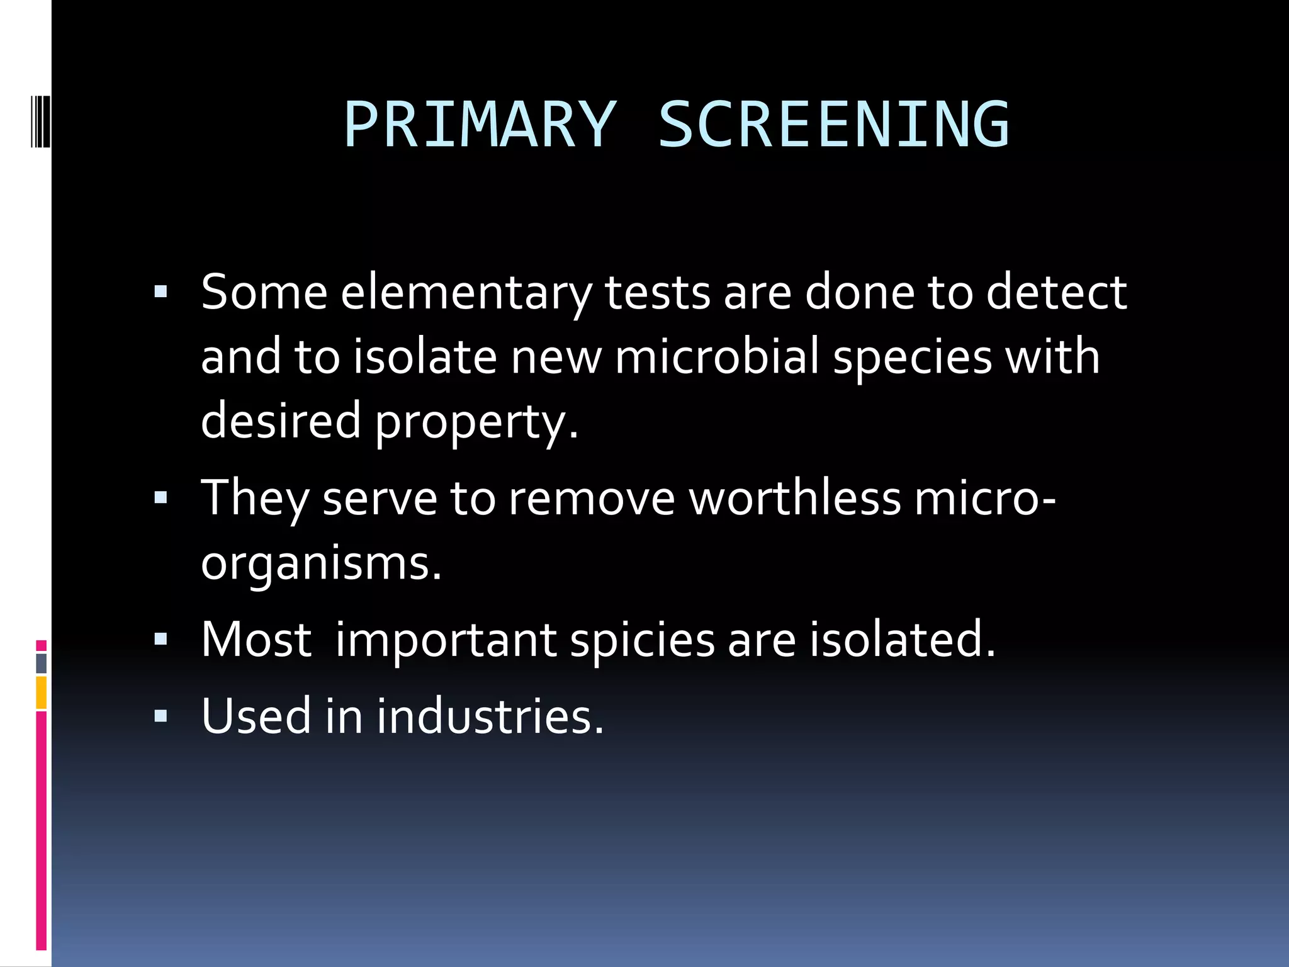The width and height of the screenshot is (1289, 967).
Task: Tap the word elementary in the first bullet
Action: point(466,293)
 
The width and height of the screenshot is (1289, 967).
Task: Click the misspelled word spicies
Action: point(642,640)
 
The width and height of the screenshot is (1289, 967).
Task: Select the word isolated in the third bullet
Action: point(901,639)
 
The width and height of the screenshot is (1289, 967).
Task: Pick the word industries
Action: point(490,716)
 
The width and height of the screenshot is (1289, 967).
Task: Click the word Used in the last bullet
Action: point(256,716)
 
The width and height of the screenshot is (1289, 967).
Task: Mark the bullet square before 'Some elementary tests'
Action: point(161,292)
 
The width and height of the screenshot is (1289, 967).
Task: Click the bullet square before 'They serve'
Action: point(161,498)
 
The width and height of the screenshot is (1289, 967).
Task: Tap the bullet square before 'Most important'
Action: point(161,640)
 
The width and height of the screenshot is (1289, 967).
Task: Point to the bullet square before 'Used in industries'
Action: point(161,716)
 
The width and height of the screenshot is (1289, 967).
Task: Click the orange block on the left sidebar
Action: point(41,693)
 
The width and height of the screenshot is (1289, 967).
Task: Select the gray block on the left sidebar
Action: point(41,663)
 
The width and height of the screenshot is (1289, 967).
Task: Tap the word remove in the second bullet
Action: point(592,498)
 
